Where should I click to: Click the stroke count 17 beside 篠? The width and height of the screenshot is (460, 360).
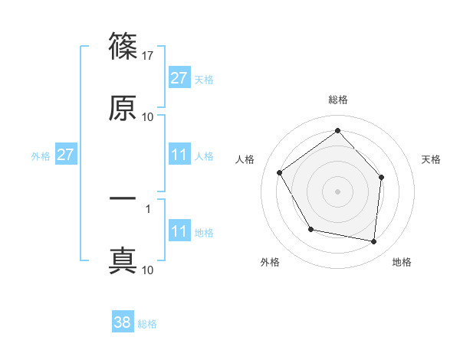(148, 56)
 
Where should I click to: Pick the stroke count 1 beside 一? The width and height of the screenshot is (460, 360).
(148, 208)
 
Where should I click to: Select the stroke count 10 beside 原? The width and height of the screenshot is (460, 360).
(148, 117)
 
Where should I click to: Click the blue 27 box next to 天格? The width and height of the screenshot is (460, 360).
(179, 78)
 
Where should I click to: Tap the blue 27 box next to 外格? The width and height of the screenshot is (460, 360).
(66, 155)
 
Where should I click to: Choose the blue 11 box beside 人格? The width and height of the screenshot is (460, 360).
(179, 155)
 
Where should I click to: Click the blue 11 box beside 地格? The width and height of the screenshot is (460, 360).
(179, 231)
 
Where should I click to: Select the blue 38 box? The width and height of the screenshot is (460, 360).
(123, 322)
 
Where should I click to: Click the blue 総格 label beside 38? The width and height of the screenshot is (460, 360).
(147, 324)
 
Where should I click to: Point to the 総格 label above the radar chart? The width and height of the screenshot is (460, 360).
(337, 100)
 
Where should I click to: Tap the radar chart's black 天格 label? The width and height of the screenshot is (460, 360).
(432, 159)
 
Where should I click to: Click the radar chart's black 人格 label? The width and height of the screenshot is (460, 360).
(245, 159)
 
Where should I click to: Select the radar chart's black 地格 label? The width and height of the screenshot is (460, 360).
(402, 262)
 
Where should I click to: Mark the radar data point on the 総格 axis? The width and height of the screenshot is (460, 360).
(337, 130)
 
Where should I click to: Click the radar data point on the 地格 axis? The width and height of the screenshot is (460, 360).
(374, 241)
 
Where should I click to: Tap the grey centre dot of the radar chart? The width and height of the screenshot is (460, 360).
(337, 191)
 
